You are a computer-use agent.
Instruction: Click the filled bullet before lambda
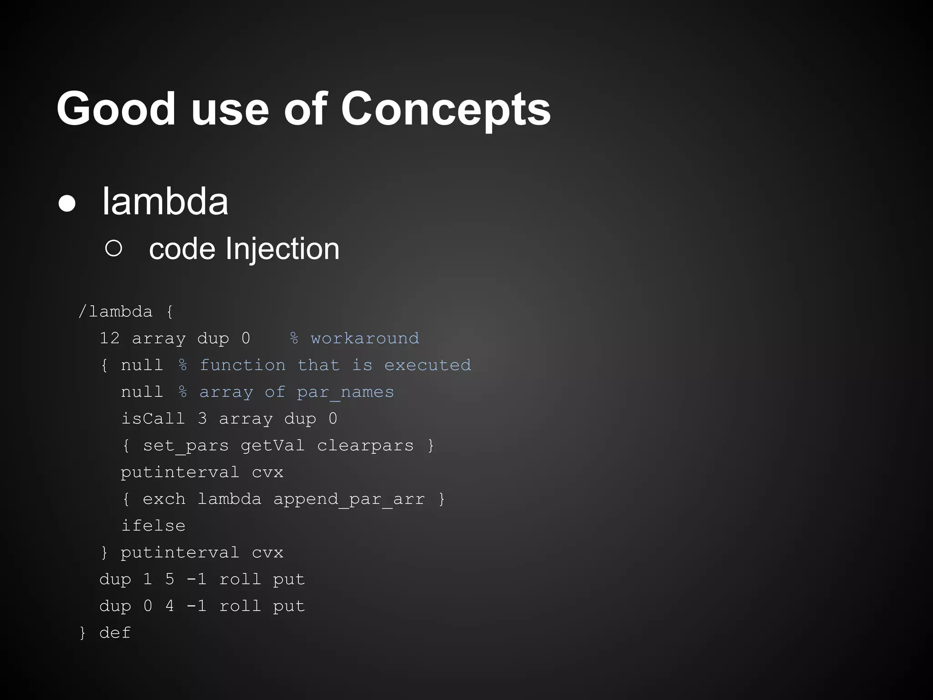pos(67,204)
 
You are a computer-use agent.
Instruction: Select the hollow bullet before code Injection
pos(113,248)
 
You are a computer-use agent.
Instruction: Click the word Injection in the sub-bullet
pos(282,249)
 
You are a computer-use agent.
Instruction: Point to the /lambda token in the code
pos(115,312)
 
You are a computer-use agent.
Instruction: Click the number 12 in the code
pos(109,338)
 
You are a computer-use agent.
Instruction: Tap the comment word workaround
pos(364,338)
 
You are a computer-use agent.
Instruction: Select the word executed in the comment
pos(427,365)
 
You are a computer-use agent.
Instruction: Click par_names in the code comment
pos(345,392)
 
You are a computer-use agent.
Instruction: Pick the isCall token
pos(153,418)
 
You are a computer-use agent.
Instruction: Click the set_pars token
pos(185,445)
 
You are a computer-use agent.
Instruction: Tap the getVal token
pos(272,445)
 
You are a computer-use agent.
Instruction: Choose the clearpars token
pos(365,445)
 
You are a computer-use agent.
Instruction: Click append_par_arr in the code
pos(349,499)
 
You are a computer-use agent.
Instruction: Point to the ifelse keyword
pos(153,525)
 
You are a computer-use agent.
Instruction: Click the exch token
pos(164,499)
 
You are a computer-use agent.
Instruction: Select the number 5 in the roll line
pos(169,579)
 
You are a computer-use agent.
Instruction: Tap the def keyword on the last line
pos(115,633)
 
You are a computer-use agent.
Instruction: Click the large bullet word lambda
pos(165,201)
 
